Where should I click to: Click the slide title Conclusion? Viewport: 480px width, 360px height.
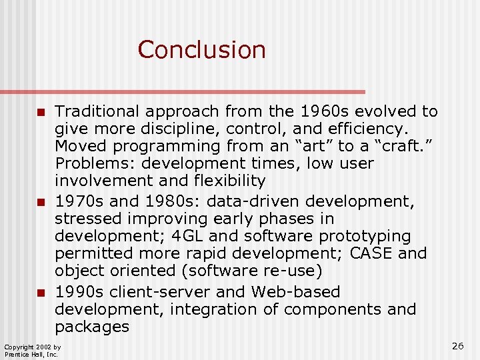pos(201,50)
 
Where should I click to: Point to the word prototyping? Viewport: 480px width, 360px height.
pos(371,236)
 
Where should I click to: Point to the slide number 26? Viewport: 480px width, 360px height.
pos(457,345)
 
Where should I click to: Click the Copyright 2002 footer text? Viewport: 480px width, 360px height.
pos(32,347)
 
